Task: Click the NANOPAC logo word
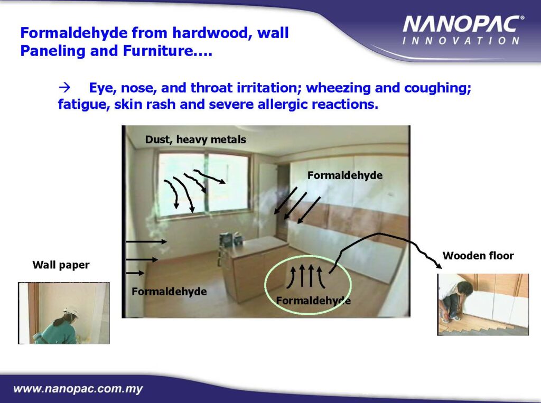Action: tap(462, 25)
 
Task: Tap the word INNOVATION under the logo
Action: tap(461, 41)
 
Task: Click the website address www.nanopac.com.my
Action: tap(78, 389)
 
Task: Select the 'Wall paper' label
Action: tap(61, 265)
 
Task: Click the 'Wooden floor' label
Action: tap(478, 256)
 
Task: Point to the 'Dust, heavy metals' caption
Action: tap(195, 139)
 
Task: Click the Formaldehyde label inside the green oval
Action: tap(313, 301)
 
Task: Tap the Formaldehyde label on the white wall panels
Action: tap(344, 175)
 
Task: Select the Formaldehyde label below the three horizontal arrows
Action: tap(169, 292)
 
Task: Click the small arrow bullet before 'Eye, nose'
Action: tap(64, 88)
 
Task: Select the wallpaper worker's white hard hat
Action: tap(71, 312)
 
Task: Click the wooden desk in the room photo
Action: tap(255, 266)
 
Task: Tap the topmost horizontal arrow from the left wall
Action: tap(147, 242)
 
